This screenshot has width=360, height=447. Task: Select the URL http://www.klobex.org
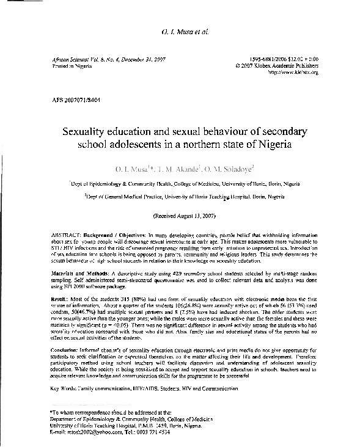(x=293, y=72)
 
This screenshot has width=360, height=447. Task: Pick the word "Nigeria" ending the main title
(x=271, y=145)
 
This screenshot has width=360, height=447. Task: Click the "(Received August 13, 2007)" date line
(x=180, y=216)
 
